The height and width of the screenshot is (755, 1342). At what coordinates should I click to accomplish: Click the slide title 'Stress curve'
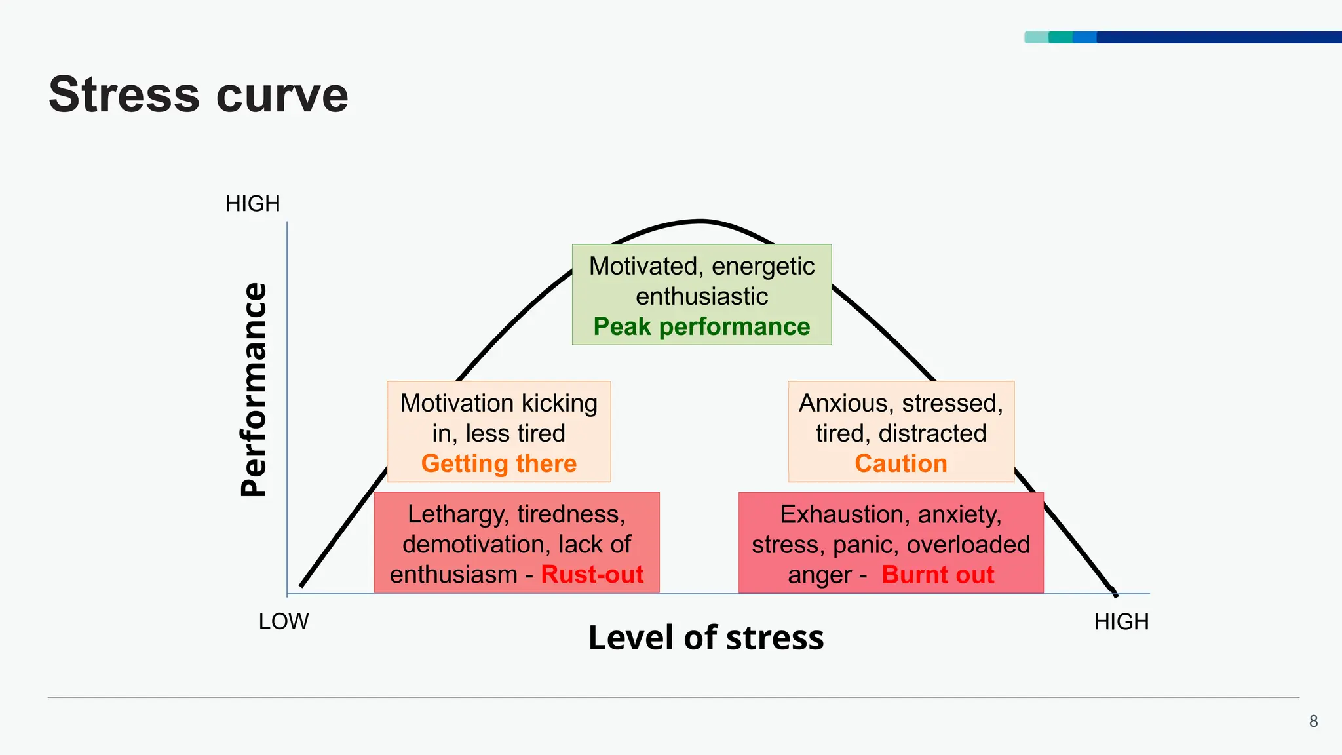point(198,95)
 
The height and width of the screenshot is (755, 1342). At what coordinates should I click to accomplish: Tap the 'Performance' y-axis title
point(254,390)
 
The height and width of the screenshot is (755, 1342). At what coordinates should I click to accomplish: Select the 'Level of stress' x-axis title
point(706,638)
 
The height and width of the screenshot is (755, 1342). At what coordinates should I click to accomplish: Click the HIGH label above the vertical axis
point(252,204)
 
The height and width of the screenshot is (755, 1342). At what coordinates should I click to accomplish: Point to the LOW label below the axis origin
point(283,621)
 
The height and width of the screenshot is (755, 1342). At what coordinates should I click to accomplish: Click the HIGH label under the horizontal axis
point(1121,621)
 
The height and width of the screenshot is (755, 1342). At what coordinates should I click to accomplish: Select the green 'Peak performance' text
point(702,326)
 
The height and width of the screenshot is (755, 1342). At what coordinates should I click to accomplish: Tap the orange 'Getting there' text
point(499,463)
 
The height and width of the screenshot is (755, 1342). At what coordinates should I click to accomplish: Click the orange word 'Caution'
point(901,463)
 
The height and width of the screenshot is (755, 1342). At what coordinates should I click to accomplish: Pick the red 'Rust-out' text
point(592,574)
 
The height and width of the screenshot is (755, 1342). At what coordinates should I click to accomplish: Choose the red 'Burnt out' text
point(938,574)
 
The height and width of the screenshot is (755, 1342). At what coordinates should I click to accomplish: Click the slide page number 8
point(1313,722)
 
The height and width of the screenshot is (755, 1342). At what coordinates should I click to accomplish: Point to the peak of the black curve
point(701,222)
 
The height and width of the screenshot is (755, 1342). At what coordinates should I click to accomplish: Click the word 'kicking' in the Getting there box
point(560,403)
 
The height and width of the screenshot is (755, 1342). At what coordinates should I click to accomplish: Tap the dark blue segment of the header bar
point(1219,37)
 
